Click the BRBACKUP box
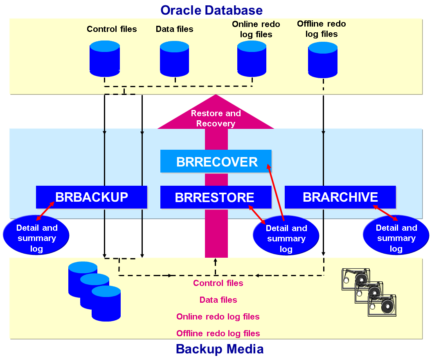pos(92,197)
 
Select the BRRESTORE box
pos(216,197)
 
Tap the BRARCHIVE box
pos(340,197)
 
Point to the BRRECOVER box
pos(216,162)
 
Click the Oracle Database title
pos(211,10)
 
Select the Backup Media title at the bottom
pos(220,349)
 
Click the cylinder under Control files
pos(105,59)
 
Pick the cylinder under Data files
pos(174,59)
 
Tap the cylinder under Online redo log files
pos(252,59)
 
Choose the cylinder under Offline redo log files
pos(323,60)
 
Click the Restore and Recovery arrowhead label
pos(216,118)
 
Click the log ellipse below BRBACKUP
pos(36,235)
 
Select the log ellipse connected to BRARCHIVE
pos(396,235)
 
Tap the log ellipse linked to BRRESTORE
pos(286,236)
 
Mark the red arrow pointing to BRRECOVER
pos(275,192)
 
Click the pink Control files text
pos(218,283)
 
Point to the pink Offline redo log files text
pos(218,333)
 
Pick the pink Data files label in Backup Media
pos(218,300)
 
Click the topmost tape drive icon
pos(355,279)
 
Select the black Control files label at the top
pos(112,29)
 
